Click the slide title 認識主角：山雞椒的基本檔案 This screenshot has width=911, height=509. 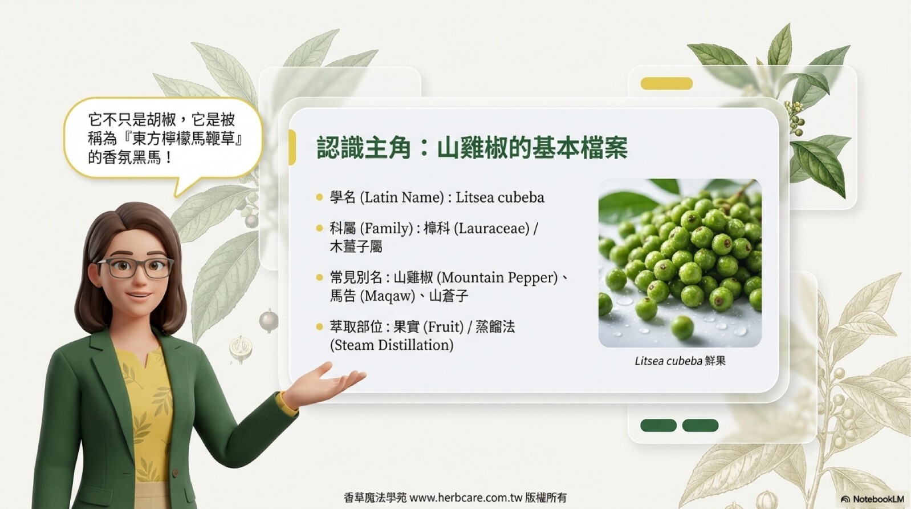tap(472, 147)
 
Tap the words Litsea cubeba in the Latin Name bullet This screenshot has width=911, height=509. tap(500, 197)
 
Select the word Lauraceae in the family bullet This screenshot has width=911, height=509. tap(491, 228)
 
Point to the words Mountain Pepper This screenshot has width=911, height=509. tap(499, 278)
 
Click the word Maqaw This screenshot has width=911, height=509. tap(388, 296)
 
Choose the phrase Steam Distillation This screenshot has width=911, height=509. tap(391, 345)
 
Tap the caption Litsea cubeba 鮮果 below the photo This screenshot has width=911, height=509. tap(680, 361)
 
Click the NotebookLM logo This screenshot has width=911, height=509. tap(872, 499)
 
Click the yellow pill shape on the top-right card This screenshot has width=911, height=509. tap(666, 83)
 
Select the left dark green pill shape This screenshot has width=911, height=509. tap(658, 425)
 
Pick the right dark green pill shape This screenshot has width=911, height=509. tap(700, 425)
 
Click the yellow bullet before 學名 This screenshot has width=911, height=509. tap(319, 197)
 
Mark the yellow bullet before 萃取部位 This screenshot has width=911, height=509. tap(319, 327)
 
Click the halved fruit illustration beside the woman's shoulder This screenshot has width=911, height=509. tap(241, 349)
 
